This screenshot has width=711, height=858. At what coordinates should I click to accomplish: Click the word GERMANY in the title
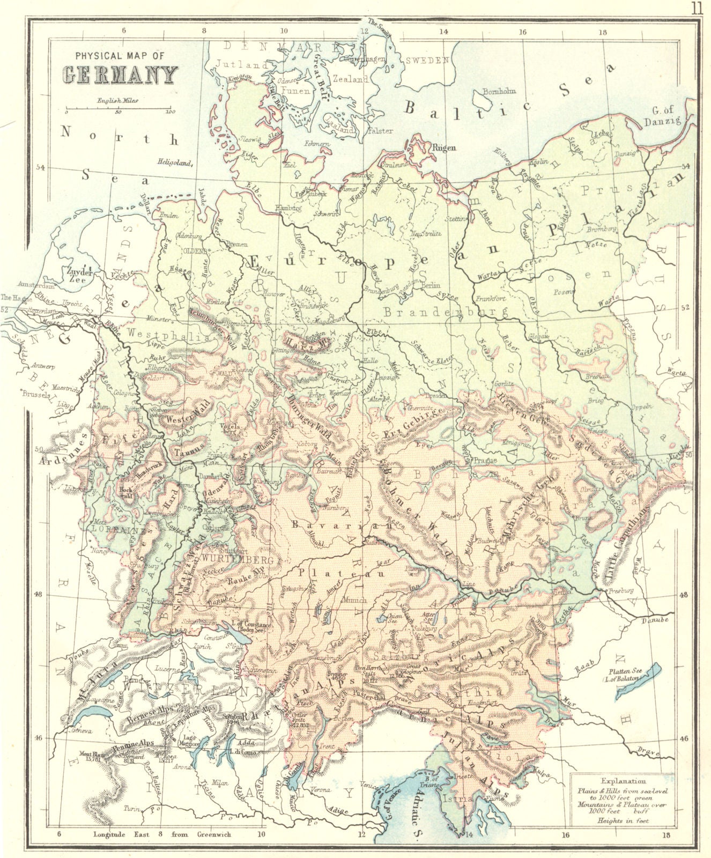pyautogui.click(x=120, y=75)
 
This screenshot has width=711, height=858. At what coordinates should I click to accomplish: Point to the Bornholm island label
pyautogui.click(x=499, y=91)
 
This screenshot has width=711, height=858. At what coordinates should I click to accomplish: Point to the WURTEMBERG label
pyautogui.click(x=241, y=559)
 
